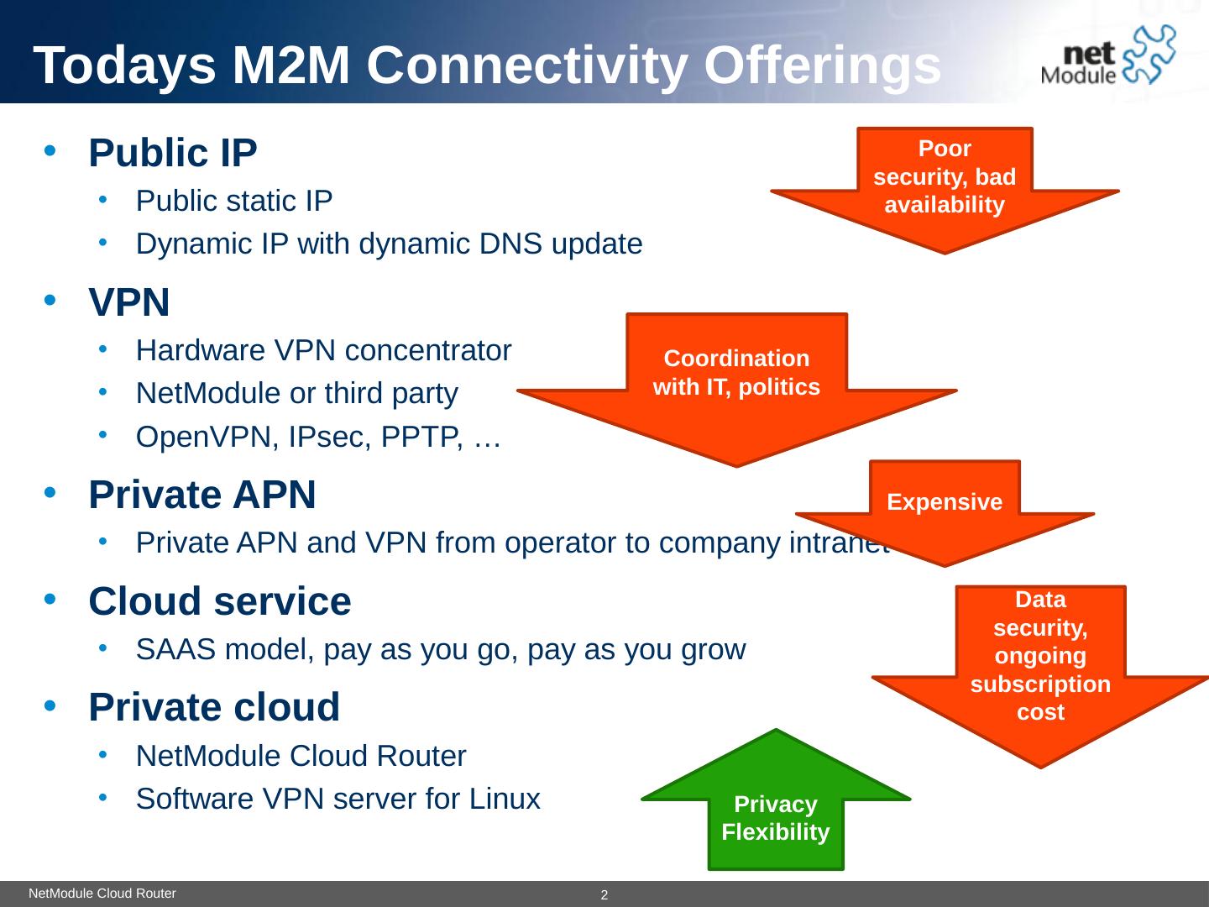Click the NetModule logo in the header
pos(1107,55)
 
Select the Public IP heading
pos(173,153)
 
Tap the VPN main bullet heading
pos(129,302)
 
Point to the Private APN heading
pos(202,495)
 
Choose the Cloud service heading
pos(220,601)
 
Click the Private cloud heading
pos(214,707)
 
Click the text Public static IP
pos(234,201)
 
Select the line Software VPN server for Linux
pos(338,799)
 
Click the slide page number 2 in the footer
pos(604,896)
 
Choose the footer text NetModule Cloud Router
pos(102,894)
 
